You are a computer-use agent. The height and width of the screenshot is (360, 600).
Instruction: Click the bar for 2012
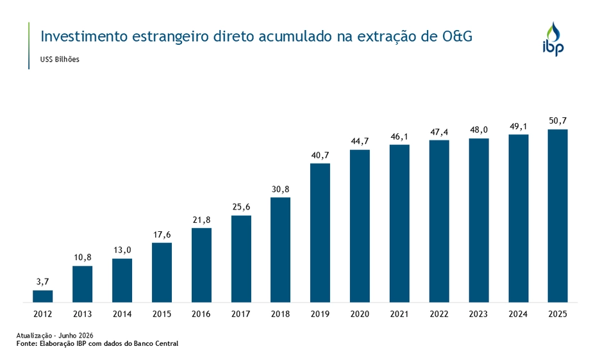pos(43,296)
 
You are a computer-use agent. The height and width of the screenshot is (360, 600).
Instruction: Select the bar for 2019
pos(321,233)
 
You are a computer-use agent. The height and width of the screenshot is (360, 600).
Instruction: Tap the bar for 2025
pos(558,216)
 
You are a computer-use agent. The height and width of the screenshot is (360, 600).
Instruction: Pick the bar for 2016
pos(202,265)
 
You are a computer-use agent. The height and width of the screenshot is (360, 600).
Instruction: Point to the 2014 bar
pos(122,281)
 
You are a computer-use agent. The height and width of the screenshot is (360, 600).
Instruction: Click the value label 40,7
pos(320,155)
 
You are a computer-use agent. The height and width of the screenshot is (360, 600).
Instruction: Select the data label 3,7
pos(43,282)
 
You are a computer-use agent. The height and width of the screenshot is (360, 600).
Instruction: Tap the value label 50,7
pos(558,121)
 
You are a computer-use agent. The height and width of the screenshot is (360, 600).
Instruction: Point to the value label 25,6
pos(241,207)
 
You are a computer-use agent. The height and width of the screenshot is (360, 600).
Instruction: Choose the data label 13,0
pos(122,250)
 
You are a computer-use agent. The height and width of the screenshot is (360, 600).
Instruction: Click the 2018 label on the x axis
pos(281,314)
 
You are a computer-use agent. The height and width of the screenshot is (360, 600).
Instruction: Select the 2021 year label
pos(399,314)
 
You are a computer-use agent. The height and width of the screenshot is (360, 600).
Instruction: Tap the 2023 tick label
pos(478,314)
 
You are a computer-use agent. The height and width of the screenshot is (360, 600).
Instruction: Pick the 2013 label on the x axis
pos(82,314)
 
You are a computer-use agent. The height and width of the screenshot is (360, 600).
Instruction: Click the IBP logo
pos(553,39)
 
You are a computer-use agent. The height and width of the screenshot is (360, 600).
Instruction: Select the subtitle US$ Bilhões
pos(60,60)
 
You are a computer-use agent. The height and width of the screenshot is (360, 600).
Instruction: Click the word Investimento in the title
pos(84,37)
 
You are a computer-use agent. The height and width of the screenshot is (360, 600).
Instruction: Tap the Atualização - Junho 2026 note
pos(54,336)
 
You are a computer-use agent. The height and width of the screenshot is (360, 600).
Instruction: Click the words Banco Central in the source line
pos(156,343)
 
